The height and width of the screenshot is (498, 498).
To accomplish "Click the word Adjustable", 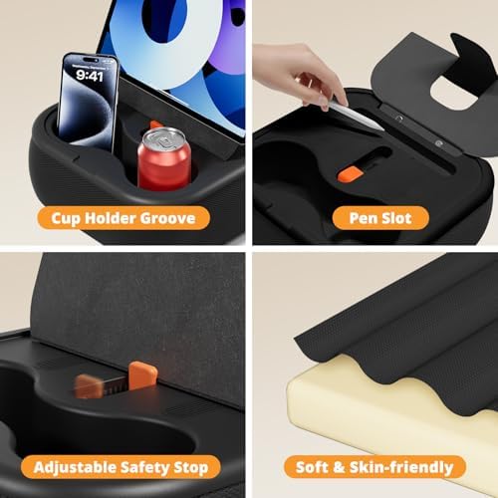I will pyautogui.click(x=74, y=467).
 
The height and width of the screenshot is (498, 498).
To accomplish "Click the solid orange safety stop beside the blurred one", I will pyautogui.click(x=142, y=374).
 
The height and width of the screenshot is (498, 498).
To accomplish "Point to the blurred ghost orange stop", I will pyautogui.click(x=90, y=384).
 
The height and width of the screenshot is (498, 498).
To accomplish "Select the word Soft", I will pyautogui.click(x=317, y=467).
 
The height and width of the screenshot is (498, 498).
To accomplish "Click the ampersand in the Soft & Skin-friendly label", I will pyautogui.click(x=345, y=467).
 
